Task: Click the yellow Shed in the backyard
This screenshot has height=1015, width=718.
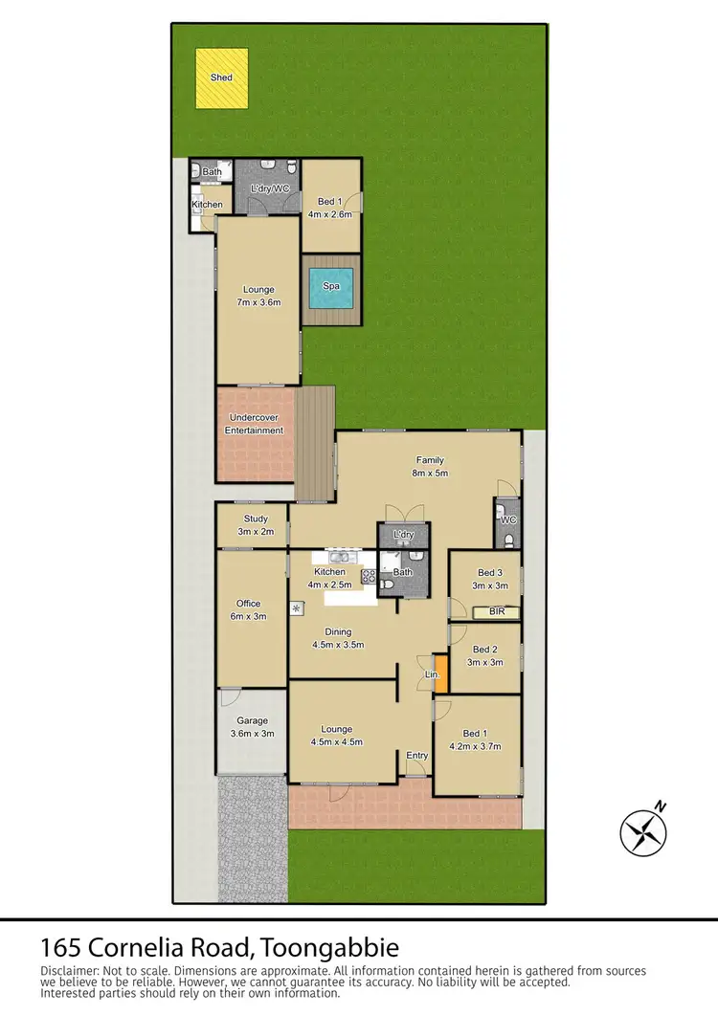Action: click(x=222, y=77)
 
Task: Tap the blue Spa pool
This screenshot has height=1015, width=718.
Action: click(x=331, y=286)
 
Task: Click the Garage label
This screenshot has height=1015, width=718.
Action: click(x=253, y=721)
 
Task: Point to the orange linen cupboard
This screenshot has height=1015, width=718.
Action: click(x=440, y=673)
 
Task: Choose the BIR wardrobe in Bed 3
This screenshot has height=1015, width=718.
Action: click(x=496, y=611)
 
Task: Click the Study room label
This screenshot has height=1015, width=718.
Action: click(x=256, y=519)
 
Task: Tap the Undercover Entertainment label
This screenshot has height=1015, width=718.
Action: click(x=255, y=424)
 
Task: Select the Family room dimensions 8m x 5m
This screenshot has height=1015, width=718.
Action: click(x=430, y=473)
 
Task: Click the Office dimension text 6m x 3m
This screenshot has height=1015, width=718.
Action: click(x=249, y=617)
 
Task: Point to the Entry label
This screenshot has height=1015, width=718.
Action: click(x=416, y=756)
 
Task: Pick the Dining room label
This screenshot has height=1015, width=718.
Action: click(x=337, y=631)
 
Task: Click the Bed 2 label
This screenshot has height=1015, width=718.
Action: click(x=485, y=648)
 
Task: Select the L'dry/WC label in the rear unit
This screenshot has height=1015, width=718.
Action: click(x=270, y=189)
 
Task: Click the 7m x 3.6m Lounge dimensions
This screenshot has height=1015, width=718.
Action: click(x=258, y=302)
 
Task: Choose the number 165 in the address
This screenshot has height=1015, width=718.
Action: click(x=59, y=949)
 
